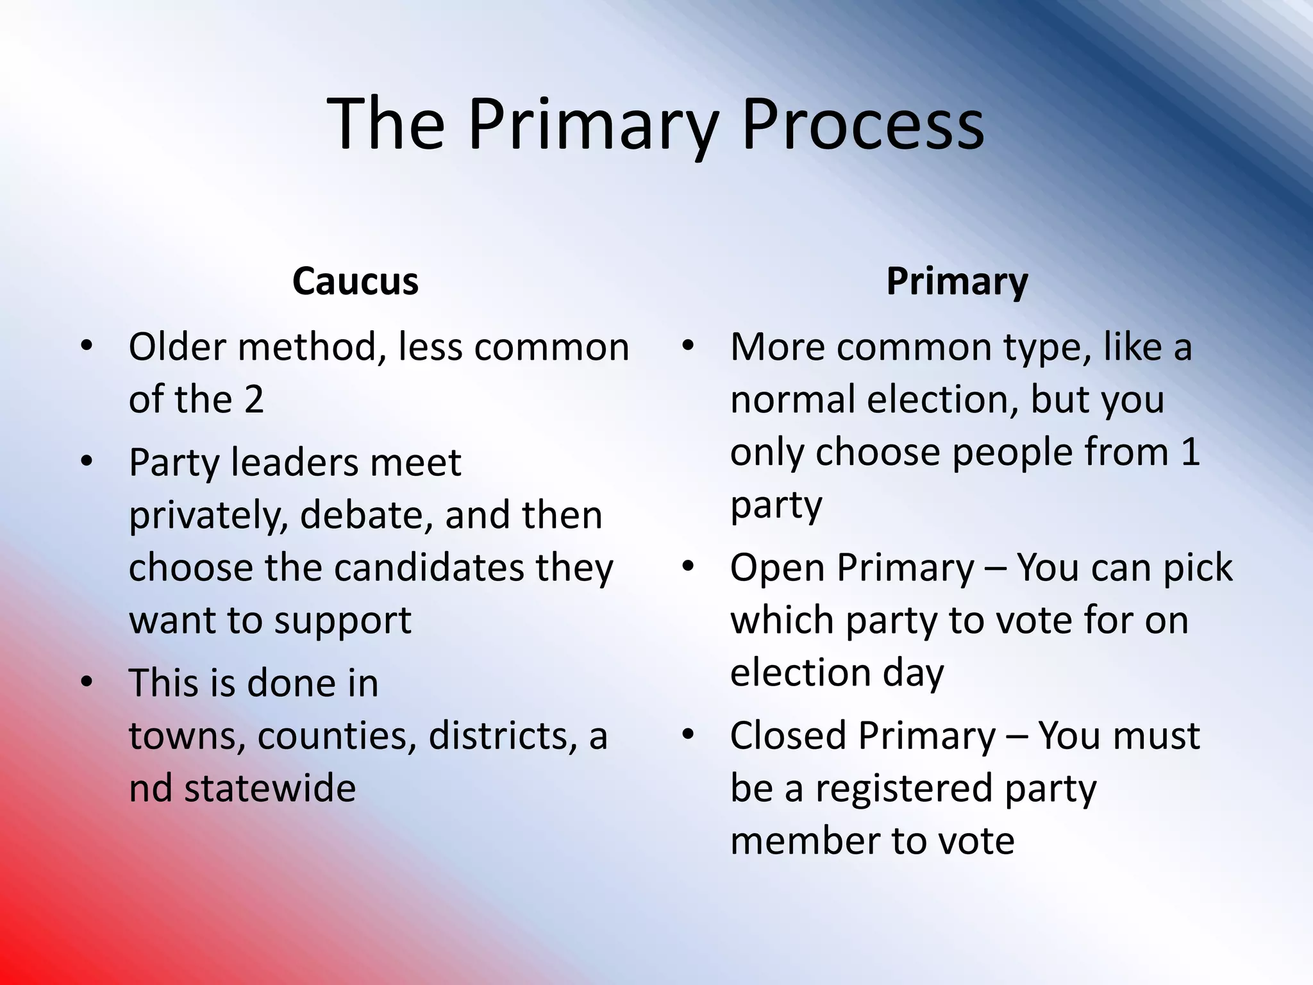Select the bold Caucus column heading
tap(355, 281)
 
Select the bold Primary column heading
tap(957, 282)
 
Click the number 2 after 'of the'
tap(254, 400)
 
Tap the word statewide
tap(270, 788)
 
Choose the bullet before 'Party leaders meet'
tap(87, 461)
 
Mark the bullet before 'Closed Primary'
tap(689, 735)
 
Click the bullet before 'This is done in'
tap(87, 682)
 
